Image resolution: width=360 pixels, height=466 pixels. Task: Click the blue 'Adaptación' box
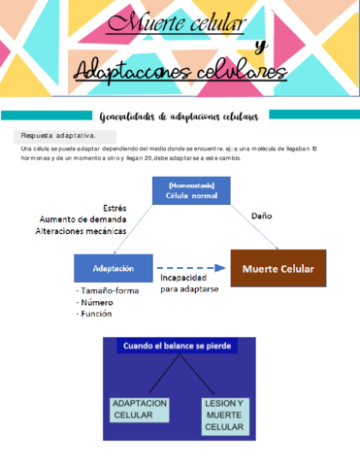tap(114, 267)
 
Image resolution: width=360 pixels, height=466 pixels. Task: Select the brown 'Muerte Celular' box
tap(277, 267)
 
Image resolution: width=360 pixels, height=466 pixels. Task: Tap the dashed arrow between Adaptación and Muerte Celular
tap(191, 267)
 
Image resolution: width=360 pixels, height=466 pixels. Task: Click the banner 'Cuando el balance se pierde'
tap(180, 346)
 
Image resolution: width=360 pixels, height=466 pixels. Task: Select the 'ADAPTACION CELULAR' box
tap(141, 409)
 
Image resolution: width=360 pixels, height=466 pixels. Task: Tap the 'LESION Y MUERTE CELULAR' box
tap(223, 414)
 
